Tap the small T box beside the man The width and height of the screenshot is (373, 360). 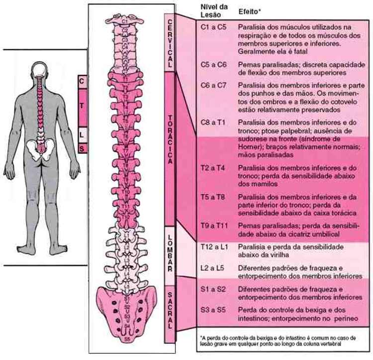[82, 107]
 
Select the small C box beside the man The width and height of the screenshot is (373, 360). [82, 81]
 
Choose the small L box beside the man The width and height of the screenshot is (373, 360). [82, 134]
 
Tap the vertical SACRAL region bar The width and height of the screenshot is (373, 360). [170, 309]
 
